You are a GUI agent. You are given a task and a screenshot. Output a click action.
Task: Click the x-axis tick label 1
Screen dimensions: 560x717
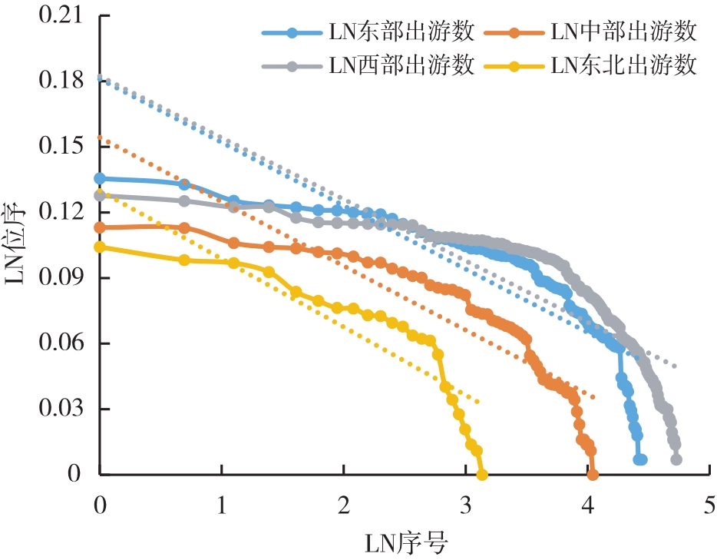(222, 505)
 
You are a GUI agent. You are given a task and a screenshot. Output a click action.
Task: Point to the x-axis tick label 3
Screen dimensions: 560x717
(466, 505)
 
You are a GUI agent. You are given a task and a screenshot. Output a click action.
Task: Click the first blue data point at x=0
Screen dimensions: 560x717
(100, 178)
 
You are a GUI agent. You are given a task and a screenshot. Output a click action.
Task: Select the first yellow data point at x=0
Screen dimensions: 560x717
(100, 247)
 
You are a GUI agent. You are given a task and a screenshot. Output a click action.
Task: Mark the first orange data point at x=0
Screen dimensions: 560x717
(100, 227)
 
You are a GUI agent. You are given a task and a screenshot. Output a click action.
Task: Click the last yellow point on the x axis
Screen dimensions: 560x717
(482, 475)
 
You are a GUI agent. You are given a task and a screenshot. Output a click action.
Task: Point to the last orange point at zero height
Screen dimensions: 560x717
(592, 475)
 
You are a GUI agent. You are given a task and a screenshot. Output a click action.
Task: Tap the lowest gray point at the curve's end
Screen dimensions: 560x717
(676, 459)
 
